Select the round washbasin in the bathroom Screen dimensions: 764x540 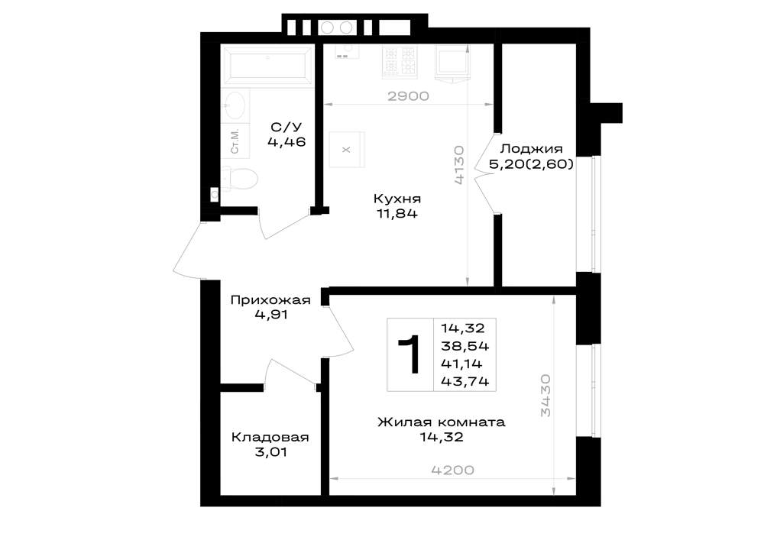(235, 104)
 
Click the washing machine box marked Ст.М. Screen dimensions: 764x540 (235, 141)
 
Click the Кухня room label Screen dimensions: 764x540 (397, 199)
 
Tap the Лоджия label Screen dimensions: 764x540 (531, 148)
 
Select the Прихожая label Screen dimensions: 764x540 (270, 300)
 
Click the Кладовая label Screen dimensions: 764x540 (270, 437)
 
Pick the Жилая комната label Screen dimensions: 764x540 (442, 422)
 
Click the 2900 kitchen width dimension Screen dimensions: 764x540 (408, 96)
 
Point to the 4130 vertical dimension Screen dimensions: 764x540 (459, 165)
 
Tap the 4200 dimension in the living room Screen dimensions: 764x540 (452, 470)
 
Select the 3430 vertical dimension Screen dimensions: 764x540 (545, 396)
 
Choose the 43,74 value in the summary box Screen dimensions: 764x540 (465, 381)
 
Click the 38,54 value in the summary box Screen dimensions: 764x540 (465, 346)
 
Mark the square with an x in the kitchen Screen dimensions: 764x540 (346, 150)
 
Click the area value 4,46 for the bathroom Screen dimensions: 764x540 (286, 142)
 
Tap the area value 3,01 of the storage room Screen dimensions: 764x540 (271, 452)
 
